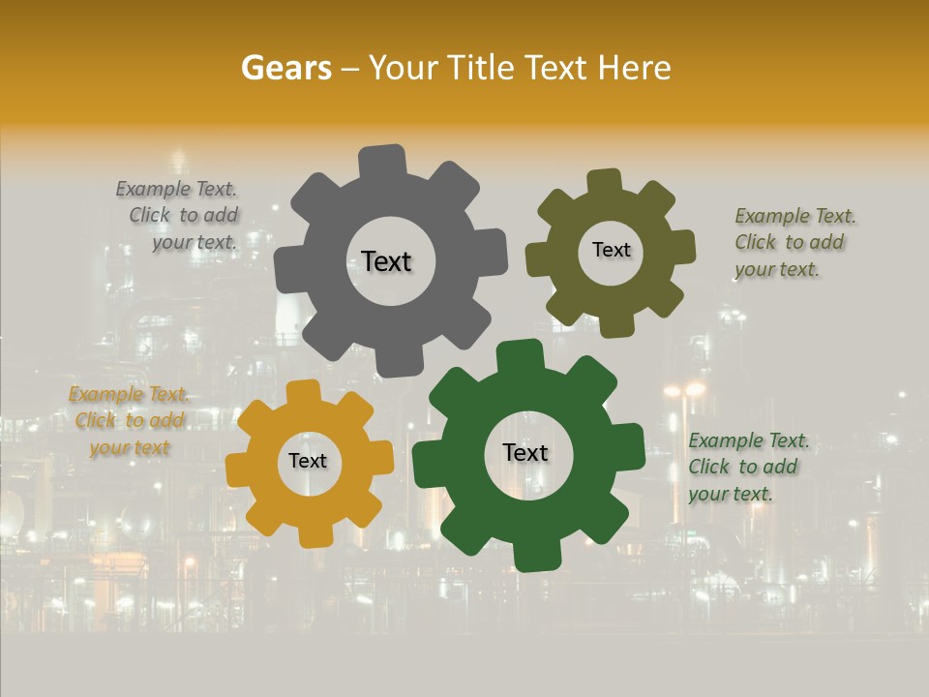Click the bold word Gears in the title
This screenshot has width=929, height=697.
(285, 68)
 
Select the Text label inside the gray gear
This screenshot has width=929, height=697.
(386, 261)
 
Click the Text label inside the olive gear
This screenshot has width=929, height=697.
(611, 250)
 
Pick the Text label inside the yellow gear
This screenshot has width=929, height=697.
(308, 462)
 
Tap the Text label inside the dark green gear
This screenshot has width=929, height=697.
(525, 453)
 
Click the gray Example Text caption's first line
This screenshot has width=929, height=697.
(176, 190)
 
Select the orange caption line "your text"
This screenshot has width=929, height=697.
(130, 447)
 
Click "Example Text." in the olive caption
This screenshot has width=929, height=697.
(795, 216)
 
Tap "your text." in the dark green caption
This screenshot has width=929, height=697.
(731, 494)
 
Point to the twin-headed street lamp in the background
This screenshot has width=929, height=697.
(684, 390)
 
